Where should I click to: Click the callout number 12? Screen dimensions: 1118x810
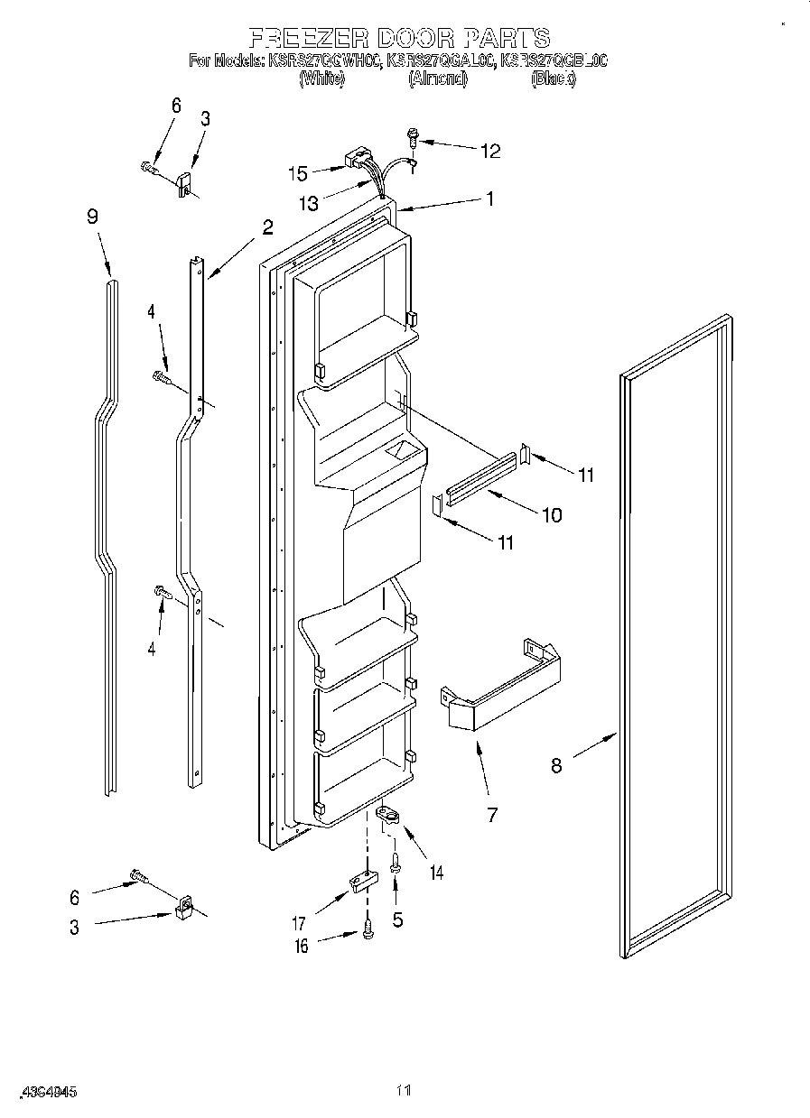[489, 152]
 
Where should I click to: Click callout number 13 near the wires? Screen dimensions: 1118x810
[309, 204]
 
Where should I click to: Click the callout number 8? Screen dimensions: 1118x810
[556, 765]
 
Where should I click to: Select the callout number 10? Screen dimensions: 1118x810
[551, 515]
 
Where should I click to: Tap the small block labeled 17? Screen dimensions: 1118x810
[361, 881]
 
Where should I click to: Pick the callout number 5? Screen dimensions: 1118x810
[397, 920]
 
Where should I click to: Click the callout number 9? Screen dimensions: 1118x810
[92, 217]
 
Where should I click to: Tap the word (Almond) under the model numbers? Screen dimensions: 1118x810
[438, 79]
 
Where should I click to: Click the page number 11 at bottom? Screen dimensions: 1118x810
[404, 1091]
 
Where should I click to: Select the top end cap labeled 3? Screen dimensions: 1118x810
[186, 183]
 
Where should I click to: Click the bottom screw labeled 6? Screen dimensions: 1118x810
[138, 874]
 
